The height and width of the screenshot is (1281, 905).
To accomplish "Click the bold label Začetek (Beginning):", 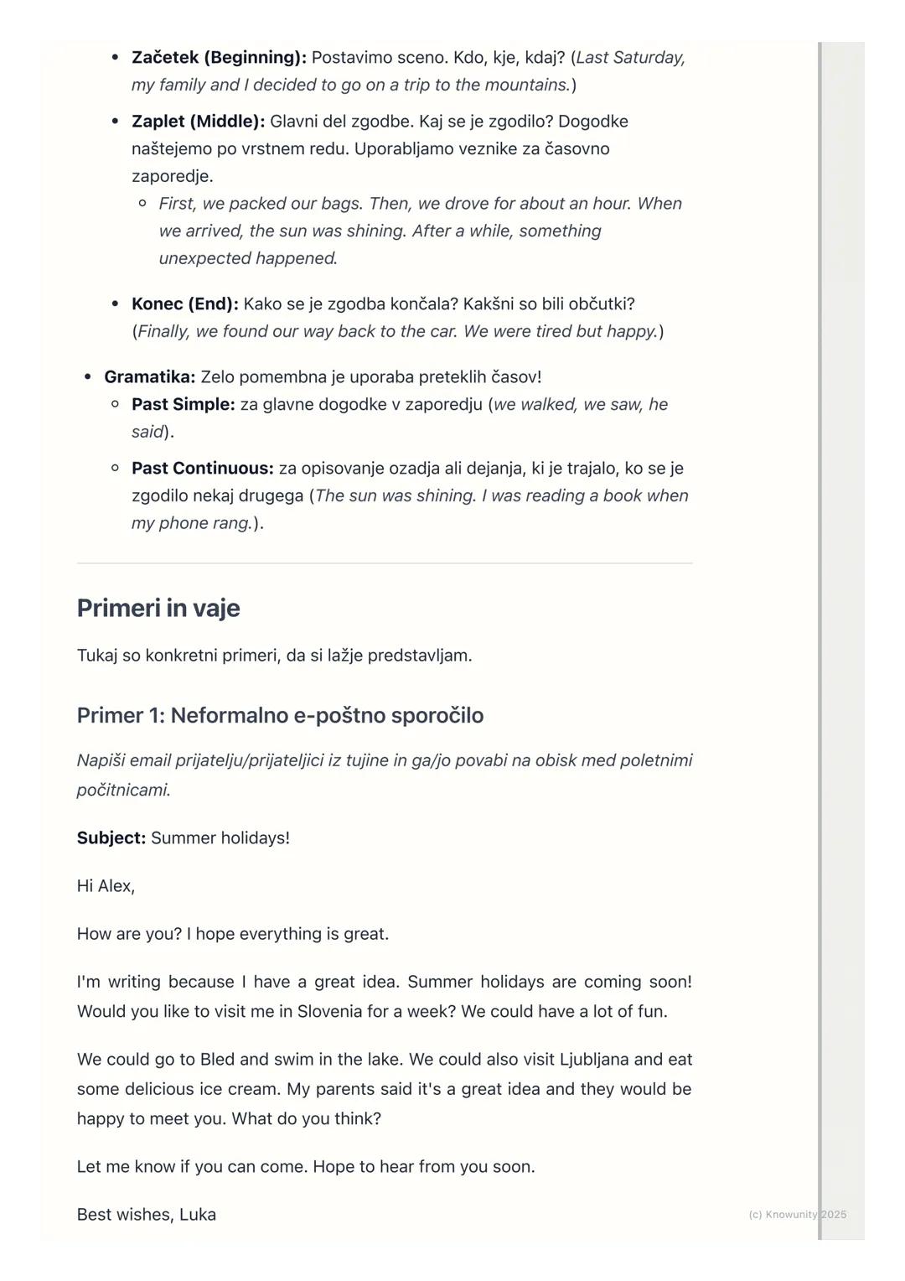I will pyautogui.click(x=219, y=58).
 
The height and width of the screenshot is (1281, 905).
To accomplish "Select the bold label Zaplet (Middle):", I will pyautogui.click(x=198, y=122).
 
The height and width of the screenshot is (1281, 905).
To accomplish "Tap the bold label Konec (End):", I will pyautogui.click(x=184, y=303).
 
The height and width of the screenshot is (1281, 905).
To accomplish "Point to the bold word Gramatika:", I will pyautogui.click(x=149, y=377).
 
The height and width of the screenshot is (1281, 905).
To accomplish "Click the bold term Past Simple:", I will pyautogui.click(x=183, y=404).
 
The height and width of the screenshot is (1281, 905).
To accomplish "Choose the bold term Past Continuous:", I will pyautogui.click(x=202, y=468).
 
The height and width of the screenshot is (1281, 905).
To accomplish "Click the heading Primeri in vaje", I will pyautogui.click(x=158, y=608).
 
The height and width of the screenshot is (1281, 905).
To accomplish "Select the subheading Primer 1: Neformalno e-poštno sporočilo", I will pyautogui.click(x=280, y=715).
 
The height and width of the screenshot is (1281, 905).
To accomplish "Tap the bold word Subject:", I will pyautogui.click(x=111, y=838).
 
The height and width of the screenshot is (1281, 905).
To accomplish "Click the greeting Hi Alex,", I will pyautogui.click(x=106, y=885).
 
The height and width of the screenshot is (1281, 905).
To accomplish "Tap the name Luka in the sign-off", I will pyautogui.click(x=198, y=1214).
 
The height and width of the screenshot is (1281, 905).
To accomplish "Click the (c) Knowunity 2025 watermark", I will pyautogui.click(x=797, y=1214).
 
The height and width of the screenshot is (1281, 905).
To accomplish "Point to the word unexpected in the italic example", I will pyautogui.click(x=204, y=258).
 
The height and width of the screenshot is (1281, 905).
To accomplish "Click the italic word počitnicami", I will pyautogui.click(x=122, y=790).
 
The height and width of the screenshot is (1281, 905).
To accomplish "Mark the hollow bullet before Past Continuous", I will pyautogui.click(x=116, y=468).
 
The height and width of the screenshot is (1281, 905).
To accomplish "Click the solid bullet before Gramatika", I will pyautogui.click(x=88, y=377).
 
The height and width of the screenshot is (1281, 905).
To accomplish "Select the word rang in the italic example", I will pyautogui.click(x=235, y=523).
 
